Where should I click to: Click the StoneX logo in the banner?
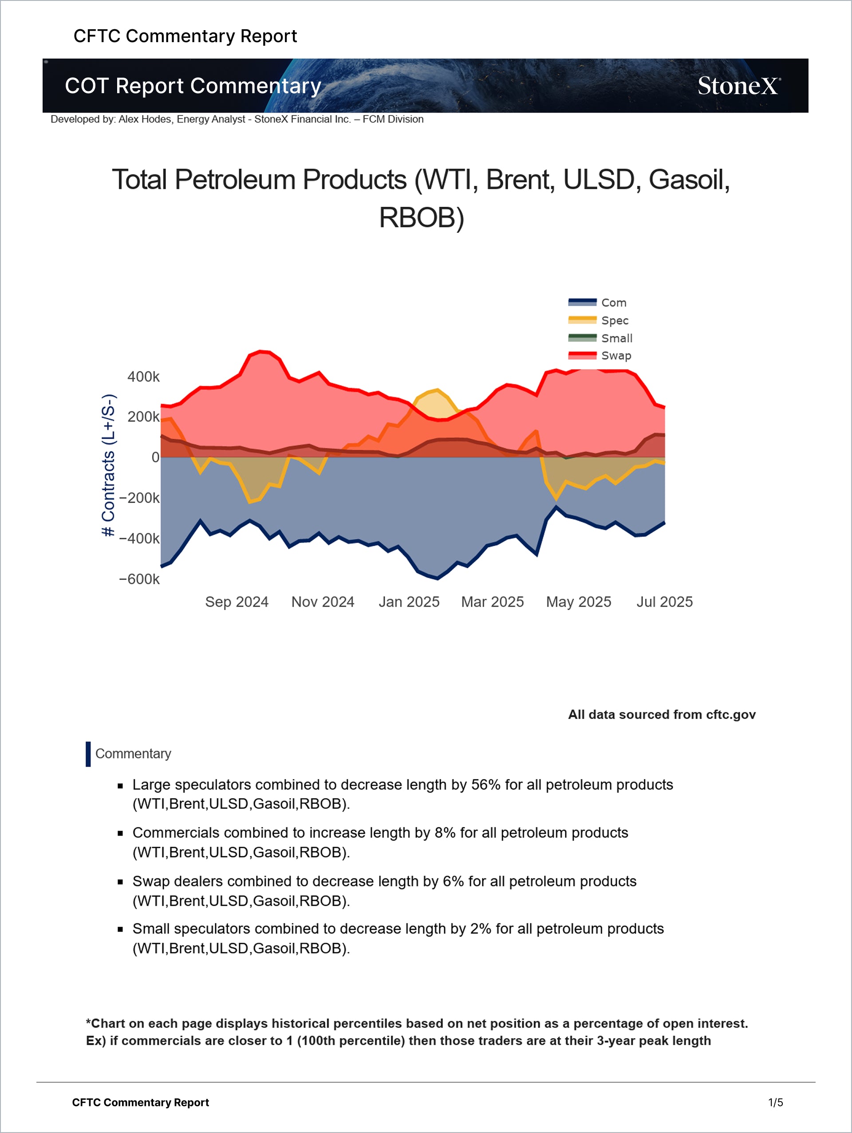coord(739,86)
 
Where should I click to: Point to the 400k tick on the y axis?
coord(143,377)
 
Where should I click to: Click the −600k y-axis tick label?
coord(139,579)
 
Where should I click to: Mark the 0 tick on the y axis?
coord(155,457)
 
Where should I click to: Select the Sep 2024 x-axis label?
coord(237,602)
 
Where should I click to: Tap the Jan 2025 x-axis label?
coord(409,602)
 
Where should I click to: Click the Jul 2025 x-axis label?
coord(664,602)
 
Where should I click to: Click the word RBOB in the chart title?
coord(417,218)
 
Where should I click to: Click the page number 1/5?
coord(775,1102)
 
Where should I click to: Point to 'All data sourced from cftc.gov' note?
coord(662,715)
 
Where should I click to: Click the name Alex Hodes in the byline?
coord(146,119)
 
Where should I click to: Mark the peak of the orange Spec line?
coord(437,390)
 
